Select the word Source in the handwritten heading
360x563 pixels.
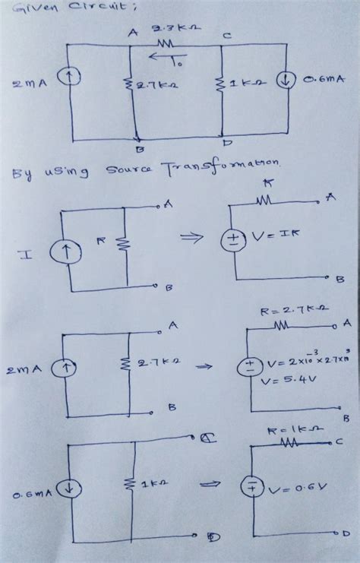pos(136,172)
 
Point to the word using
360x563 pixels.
pos(66,175)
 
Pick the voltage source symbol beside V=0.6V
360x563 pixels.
pos(250,486)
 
